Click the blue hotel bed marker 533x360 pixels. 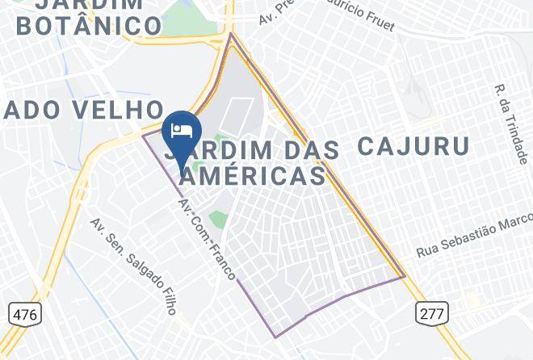pos(182,131)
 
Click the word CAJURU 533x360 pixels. pos(413,146)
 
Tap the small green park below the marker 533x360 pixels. pos(216,218)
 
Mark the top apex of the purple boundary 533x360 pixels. pos(231,34)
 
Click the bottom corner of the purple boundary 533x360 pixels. pos(275,337)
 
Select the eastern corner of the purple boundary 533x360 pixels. pos(405,277)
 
